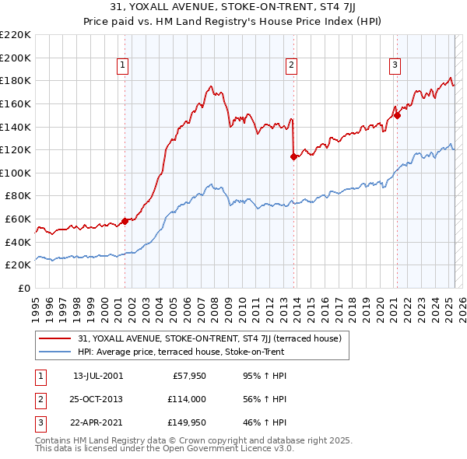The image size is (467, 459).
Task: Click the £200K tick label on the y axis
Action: pyautogui.click(x=16, y=58)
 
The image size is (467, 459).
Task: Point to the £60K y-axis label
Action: pyautogui.click(x=18, y=219)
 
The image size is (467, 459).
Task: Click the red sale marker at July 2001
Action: pyautogui.click(x=125, y=221)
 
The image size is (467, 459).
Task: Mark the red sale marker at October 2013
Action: pyautogui.click(x=293, y=156)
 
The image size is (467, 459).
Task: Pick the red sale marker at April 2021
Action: pyautogui.click(x=396, y=115)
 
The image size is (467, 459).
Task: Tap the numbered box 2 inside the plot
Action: pyautogui.click(x=292, y=65)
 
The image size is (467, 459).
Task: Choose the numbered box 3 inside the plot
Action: pyautogui.click(x=395, y=65)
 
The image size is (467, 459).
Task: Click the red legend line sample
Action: pyautogui.click(x=55, y=338)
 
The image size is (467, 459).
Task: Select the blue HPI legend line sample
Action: pyautogui.click(x=55, y=352)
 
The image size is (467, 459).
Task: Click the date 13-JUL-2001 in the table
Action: pyautogui.click(x=97, y=376)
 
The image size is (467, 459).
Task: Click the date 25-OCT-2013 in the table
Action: pyautogui.click(x=97, y=400)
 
